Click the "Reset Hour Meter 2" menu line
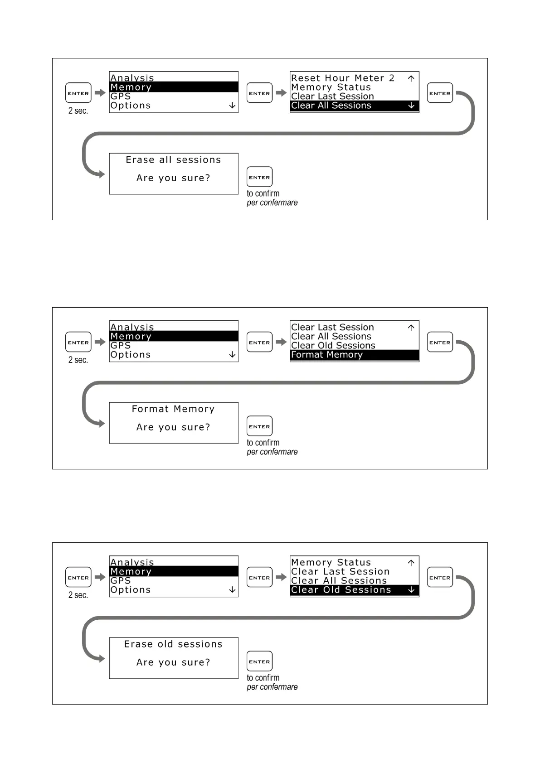(342, 78)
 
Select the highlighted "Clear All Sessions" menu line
(331, 106)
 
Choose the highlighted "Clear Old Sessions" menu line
(341, 590)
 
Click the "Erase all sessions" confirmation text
(173, 160)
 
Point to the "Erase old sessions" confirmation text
(173, 644)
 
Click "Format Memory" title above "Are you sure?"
(173, 409)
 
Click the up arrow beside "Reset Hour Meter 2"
(411, 78)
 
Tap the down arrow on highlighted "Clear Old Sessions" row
(411, 590)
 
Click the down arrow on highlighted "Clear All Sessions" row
(411, 106)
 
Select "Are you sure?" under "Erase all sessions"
(173, 178)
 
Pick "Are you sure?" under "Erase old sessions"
(173, 662)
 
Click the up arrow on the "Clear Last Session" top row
(411, 328)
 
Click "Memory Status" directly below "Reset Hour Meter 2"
(331, 87)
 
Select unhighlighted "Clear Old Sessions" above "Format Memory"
(333, 346)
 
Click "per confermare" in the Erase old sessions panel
(272, 687)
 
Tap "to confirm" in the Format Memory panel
(263, 443)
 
